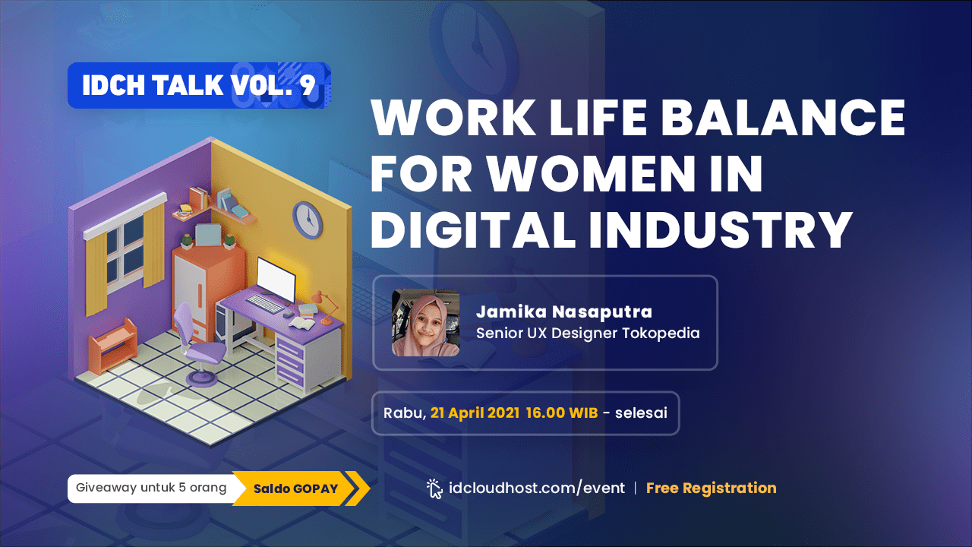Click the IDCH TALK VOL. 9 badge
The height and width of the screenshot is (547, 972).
tap(199, 85)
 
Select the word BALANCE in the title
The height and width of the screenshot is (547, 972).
tap(783, 117)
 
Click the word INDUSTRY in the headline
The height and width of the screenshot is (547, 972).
tap(721, 229)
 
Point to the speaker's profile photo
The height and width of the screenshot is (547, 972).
tap(425, 323)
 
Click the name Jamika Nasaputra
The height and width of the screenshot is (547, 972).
tap(564, 311)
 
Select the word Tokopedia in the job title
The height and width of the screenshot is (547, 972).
tap(661, 334)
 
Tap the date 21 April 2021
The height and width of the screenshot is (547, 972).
tap(475, 413)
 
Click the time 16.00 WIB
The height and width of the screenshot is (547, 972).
tap(562, 413)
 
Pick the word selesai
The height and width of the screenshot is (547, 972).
tap(641, 413)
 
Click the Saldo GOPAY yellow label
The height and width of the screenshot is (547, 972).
tap(300, 489)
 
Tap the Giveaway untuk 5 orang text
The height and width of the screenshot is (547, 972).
tap(151, 488)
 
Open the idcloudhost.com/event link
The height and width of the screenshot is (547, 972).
tap(537, 489)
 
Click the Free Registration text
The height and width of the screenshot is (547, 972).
tap(712, 488)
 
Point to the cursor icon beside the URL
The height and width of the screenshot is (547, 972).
tap(434, 489)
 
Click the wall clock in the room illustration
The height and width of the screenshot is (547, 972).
tap(308, 220)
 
